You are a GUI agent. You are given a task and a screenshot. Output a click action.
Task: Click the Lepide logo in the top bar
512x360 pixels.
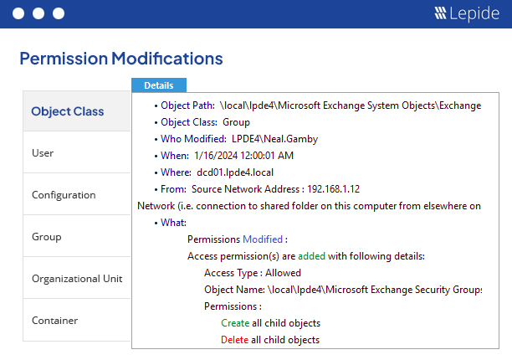(465, 13)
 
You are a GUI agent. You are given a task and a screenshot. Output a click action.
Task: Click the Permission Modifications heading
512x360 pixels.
(120, 59)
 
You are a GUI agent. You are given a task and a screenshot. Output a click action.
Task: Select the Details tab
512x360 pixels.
(159, 85)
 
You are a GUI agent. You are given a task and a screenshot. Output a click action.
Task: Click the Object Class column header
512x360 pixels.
(67, 111)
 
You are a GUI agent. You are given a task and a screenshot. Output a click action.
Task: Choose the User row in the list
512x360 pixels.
(43, 153)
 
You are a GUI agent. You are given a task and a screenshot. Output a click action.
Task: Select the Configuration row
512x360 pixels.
(64, 195)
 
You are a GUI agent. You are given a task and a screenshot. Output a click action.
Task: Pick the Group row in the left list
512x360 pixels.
(47, 237)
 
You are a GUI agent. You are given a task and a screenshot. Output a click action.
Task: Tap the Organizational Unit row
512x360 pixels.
(77, 279)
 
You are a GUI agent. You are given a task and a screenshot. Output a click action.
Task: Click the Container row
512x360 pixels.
(54, 321)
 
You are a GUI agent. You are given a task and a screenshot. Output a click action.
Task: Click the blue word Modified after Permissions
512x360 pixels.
(262, 239)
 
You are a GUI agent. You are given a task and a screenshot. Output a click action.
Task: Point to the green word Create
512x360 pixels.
(234, 323)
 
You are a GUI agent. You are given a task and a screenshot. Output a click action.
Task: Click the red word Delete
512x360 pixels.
(234, 340)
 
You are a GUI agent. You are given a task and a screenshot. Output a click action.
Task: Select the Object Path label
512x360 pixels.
(187, 105)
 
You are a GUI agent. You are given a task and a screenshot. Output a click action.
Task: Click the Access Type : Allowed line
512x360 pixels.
(253, 273)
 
